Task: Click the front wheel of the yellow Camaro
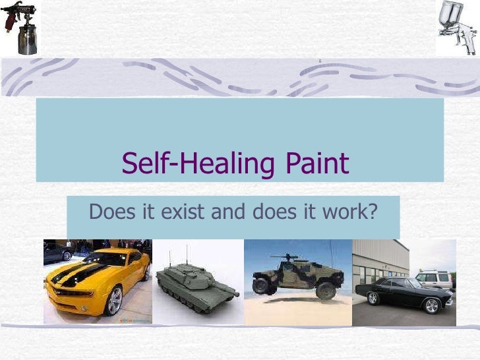113,301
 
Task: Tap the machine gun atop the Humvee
286,256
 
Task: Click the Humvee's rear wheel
261,285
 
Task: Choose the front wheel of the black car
432,305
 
